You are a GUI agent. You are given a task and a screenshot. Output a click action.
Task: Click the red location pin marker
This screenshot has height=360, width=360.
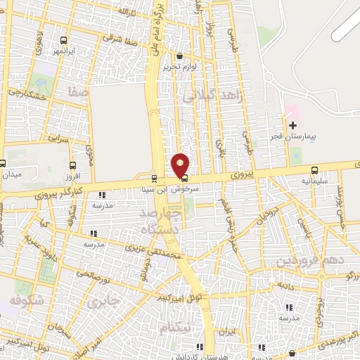[181, 165]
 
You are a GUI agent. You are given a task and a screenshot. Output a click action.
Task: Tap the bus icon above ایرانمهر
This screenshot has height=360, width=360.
[64, 41]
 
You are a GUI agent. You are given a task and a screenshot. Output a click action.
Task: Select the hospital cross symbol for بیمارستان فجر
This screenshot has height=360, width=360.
[293, 125]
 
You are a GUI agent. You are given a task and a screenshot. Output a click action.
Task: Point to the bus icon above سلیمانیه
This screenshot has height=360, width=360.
[314, 170]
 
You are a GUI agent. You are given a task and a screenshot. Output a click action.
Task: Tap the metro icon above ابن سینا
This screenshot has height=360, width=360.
[155, 179]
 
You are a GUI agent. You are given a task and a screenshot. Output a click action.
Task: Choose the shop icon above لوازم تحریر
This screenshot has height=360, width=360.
[180, 56]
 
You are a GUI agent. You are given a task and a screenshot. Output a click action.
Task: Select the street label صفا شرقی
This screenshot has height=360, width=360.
[122, 41]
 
